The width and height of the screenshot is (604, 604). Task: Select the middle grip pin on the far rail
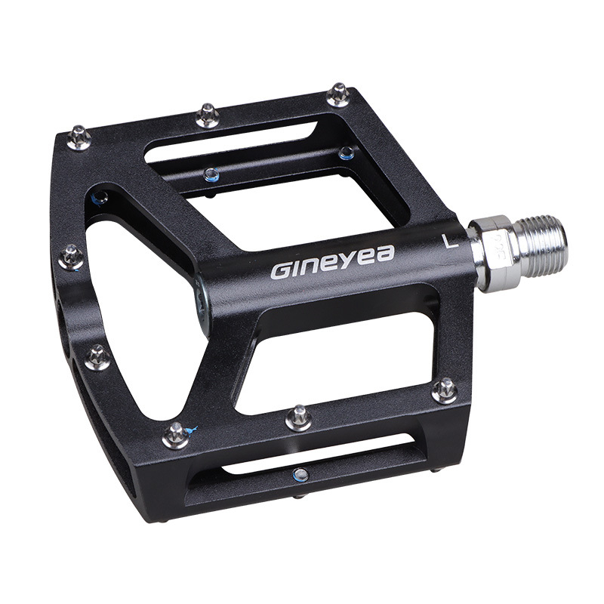208,115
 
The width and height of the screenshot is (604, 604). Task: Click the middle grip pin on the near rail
299,418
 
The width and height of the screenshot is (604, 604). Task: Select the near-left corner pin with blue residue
176,436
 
